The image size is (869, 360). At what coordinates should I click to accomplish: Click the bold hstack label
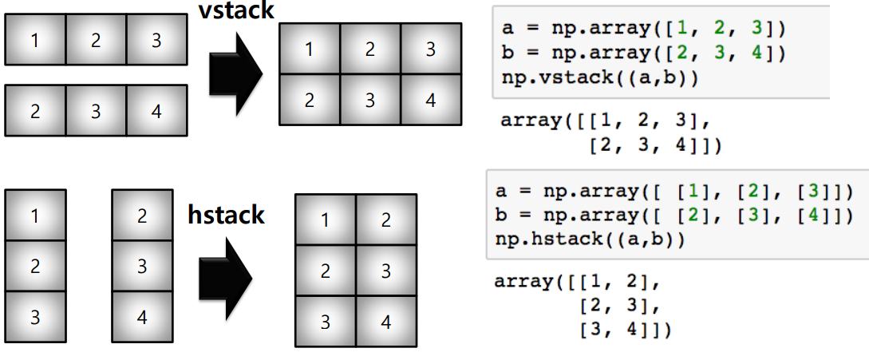(226, 215)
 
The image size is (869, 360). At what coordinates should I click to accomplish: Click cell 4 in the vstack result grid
(431, 100)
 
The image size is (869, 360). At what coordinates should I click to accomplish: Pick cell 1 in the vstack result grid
(309, 49)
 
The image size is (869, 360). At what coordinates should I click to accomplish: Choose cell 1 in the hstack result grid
(325, 220)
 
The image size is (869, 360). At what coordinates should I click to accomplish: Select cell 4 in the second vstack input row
(156, 111)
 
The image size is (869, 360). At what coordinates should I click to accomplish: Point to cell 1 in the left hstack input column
(35, 216)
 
